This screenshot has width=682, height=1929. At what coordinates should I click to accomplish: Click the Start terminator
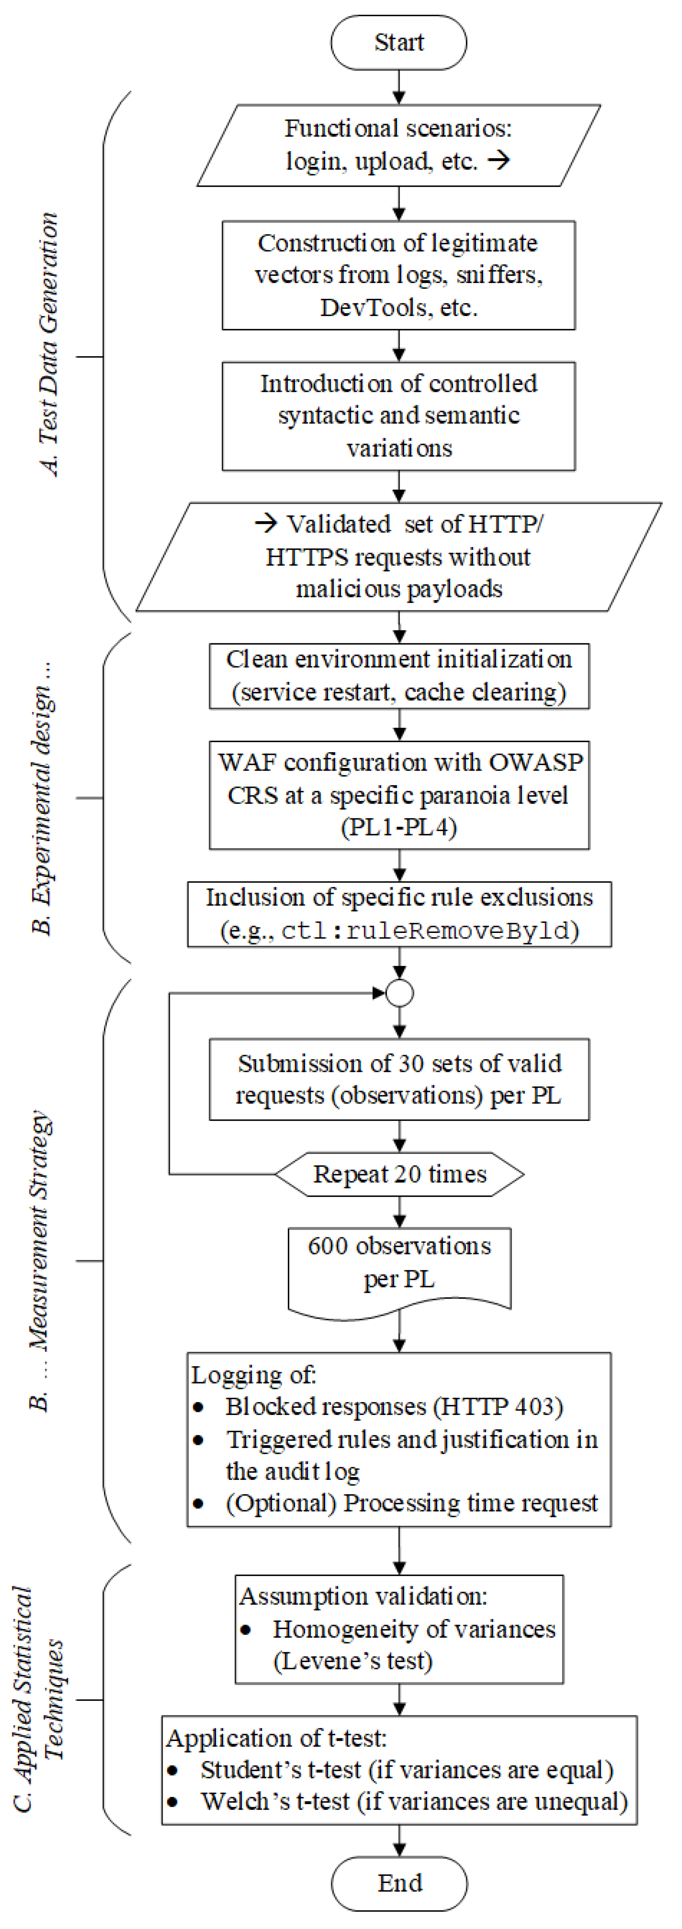399,43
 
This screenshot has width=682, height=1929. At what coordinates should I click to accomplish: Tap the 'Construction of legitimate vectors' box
399,275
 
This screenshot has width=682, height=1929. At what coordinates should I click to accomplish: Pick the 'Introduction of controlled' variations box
399,416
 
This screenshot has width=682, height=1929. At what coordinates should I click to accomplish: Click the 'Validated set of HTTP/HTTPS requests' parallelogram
399,557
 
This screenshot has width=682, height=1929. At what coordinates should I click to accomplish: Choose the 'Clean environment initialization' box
399,676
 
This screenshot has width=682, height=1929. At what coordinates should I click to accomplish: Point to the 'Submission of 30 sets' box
399,1079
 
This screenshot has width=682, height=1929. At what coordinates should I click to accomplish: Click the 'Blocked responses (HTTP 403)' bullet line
394,1407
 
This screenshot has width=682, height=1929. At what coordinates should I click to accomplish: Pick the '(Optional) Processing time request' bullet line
411,1503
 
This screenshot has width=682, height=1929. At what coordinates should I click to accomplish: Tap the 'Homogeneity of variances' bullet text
414,1629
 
